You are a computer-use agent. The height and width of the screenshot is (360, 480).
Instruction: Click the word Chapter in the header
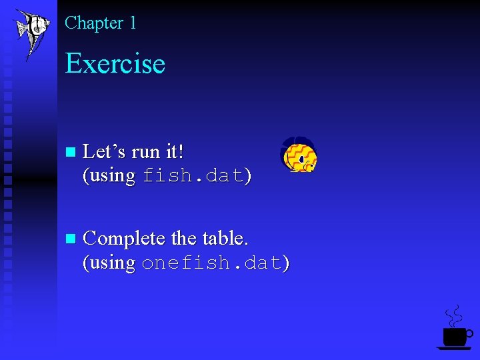tap(94, 23)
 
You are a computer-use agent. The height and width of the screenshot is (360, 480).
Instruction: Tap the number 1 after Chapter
tap(133, 23)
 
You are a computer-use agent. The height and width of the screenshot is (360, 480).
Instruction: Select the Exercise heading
tap(115, 64)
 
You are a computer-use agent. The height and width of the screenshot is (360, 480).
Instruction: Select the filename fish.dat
tap(193, 177)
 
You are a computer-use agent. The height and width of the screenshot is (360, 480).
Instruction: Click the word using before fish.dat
tap(110, 177)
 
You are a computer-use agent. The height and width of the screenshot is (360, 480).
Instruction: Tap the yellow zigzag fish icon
tap(298, 155)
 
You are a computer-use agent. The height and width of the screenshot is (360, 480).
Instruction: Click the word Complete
tap(125, 239)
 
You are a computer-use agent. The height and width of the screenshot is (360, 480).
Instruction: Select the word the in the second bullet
tap(185, 238)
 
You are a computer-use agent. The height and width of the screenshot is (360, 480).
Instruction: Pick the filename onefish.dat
tap(213, 263)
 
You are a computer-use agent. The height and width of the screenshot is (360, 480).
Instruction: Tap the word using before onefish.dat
tap(110, 263)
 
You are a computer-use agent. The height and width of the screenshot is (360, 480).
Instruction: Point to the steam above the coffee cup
tap(454, 315)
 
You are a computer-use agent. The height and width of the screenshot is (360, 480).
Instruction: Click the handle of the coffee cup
tap(469, 333)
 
